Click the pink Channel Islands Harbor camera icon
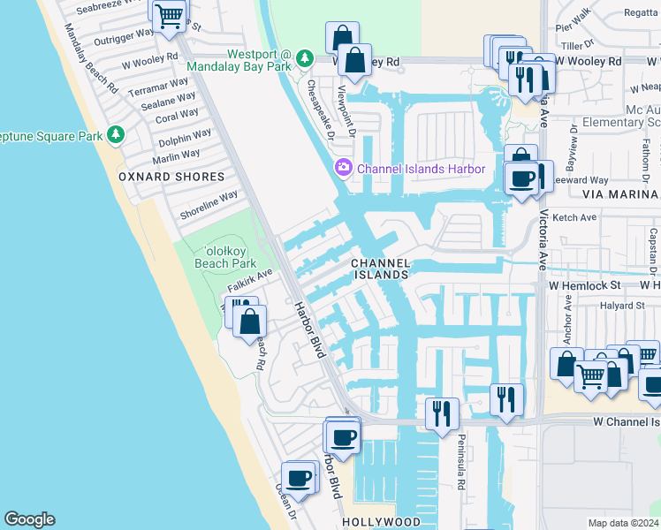pos(343,168)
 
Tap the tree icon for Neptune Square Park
pos(115,134)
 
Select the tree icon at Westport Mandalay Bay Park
pos(305,58)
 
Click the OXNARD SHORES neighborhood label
pos(171,177)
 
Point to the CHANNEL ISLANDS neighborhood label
pos(381,269)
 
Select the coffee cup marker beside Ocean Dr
pos(299,477)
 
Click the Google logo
pos(29,519)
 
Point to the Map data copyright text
pos(624,523)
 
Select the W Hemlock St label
pos(585,285)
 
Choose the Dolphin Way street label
pos(185,138)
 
